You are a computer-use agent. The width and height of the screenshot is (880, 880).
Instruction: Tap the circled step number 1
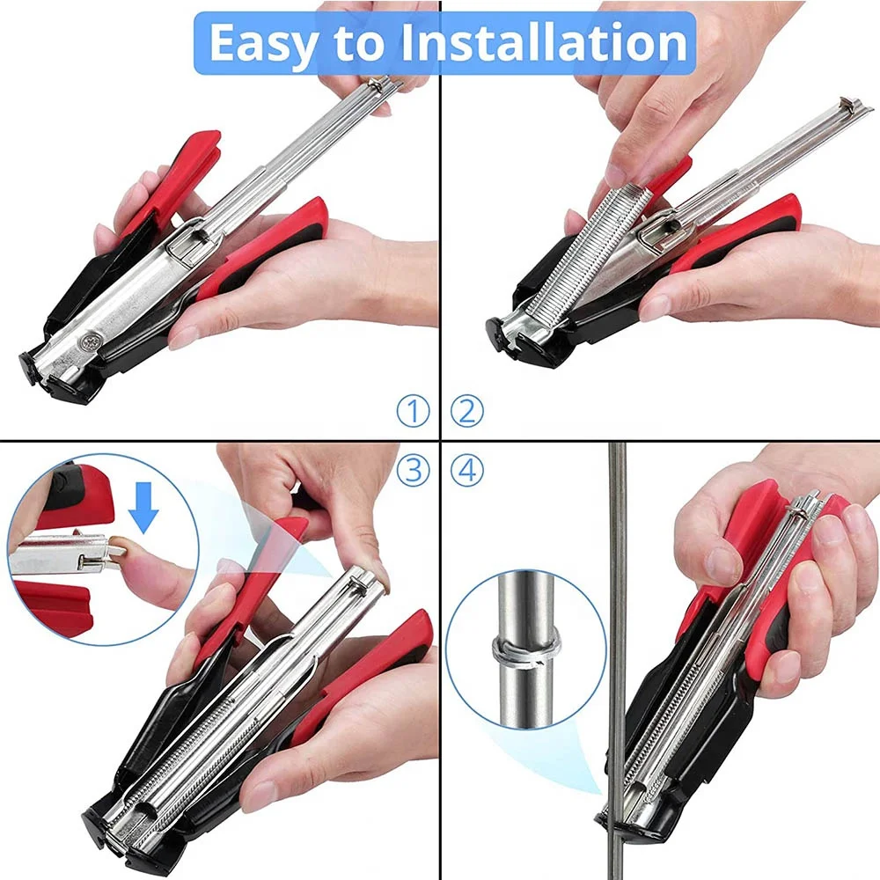412,411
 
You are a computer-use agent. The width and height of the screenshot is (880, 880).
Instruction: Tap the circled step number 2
466,411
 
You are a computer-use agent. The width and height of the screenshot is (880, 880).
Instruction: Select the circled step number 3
412,470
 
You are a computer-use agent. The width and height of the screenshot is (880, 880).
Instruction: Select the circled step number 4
466,470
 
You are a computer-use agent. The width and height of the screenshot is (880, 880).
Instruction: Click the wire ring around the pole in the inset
526,649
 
